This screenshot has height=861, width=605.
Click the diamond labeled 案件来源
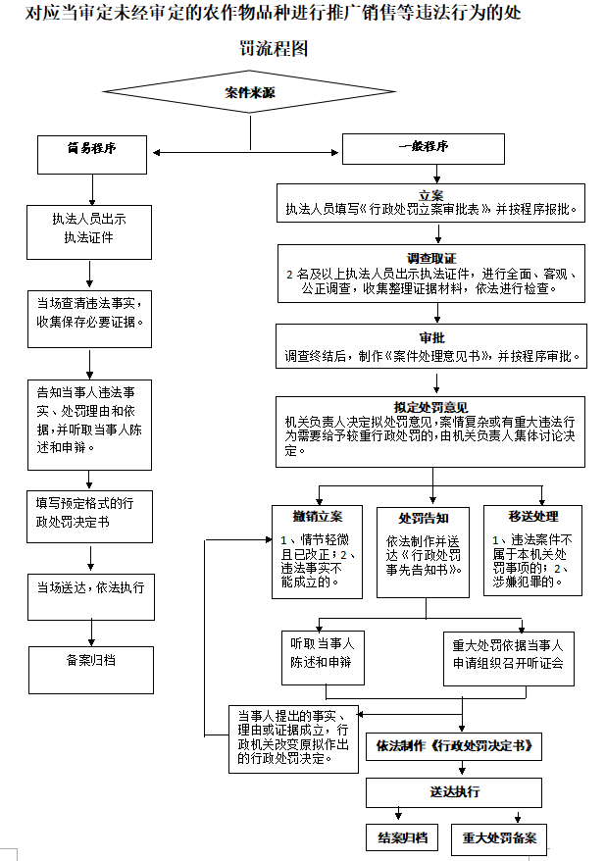(x=249, y=93)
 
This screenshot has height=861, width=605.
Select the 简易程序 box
(x=93, y=150)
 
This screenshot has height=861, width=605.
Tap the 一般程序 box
(x=423, y=148)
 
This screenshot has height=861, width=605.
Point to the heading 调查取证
(x=431, y=257)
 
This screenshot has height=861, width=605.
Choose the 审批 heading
(x=431, y=337)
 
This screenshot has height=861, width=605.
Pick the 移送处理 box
(x=532, y=550)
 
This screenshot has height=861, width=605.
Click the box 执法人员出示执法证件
(x=89, y=228)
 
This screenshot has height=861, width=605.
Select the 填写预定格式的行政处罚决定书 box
(x=89, y=514)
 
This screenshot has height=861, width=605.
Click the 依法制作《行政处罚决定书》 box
(x=453, y=746)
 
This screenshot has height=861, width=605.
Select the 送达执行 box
(x=454, y=792)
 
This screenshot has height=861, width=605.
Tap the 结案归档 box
(x=402, y=838)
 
